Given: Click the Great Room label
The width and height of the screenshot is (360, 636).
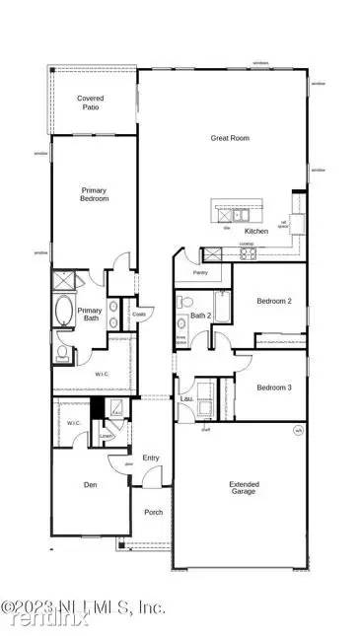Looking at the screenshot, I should coord(229,138).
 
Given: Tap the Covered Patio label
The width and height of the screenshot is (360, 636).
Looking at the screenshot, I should coord(92,104).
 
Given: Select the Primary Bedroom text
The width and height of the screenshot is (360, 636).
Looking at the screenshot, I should coord(94,193).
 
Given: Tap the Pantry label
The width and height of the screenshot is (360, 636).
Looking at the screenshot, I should coord(200,272).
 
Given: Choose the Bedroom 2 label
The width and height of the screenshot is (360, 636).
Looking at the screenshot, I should coord(273,301).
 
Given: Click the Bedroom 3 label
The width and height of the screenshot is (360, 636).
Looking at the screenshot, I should coord(273,388).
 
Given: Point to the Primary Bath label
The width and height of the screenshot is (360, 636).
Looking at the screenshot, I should coord(90,313).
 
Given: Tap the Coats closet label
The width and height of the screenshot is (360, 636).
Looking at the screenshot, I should coord(139,315).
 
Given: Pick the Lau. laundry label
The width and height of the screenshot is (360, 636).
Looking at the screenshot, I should coord(184,399).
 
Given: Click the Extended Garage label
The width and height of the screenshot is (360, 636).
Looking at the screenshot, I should coord(244,487).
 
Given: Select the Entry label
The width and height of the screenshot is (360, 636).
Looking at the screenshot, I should coord(151,458).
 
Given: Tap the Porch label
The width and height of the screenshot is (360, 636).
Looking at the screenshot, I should coord(153,512).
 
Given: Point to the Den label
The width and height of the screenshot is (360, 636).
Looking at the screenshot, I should coord(89,484).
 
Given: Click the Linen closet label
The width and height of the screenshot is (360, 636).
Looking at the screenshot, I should coord(106,434).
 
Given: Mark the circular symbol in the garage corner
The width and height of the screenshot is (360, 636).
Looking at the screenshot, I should coord(297,430).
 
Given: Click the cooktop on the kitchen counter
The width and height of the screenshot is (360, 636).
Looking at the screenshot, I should coord(248,253).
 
